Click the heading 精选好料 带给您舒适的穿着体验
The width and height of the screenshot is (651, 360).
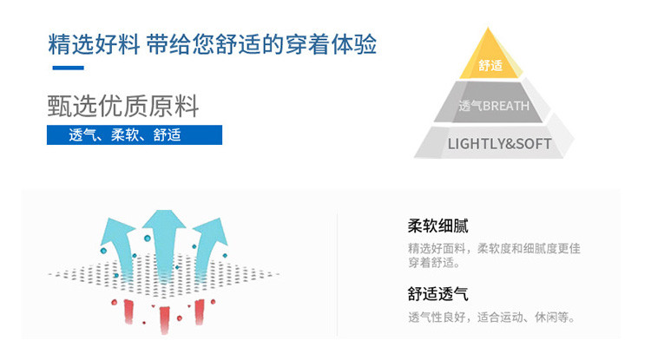(x=213, y=43)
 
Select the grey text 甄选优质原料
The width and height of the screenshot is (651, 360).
(x=123, y=107)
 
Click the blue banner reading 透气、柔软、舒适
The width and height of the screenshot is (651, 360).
(x=135, y=135)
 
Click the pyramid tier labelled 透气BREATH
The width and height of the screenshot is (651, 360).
(x=493, y=106)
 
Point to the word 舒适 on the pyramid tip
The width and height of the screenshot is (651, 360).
(x=490, y=65)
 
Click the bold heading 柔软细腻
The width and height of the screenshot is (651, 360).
(x=437, y=226)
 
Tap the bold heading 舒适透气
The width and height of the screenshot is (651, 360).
(x=437, y=295)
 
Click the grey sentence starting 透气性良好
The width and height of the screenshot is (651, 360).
(x=491, y=317)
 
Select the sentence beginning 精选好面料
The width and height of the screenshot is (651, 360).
(x=494, y=248)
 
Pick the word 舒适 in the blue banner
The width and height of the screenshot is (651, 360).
(x=167, y=135)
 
